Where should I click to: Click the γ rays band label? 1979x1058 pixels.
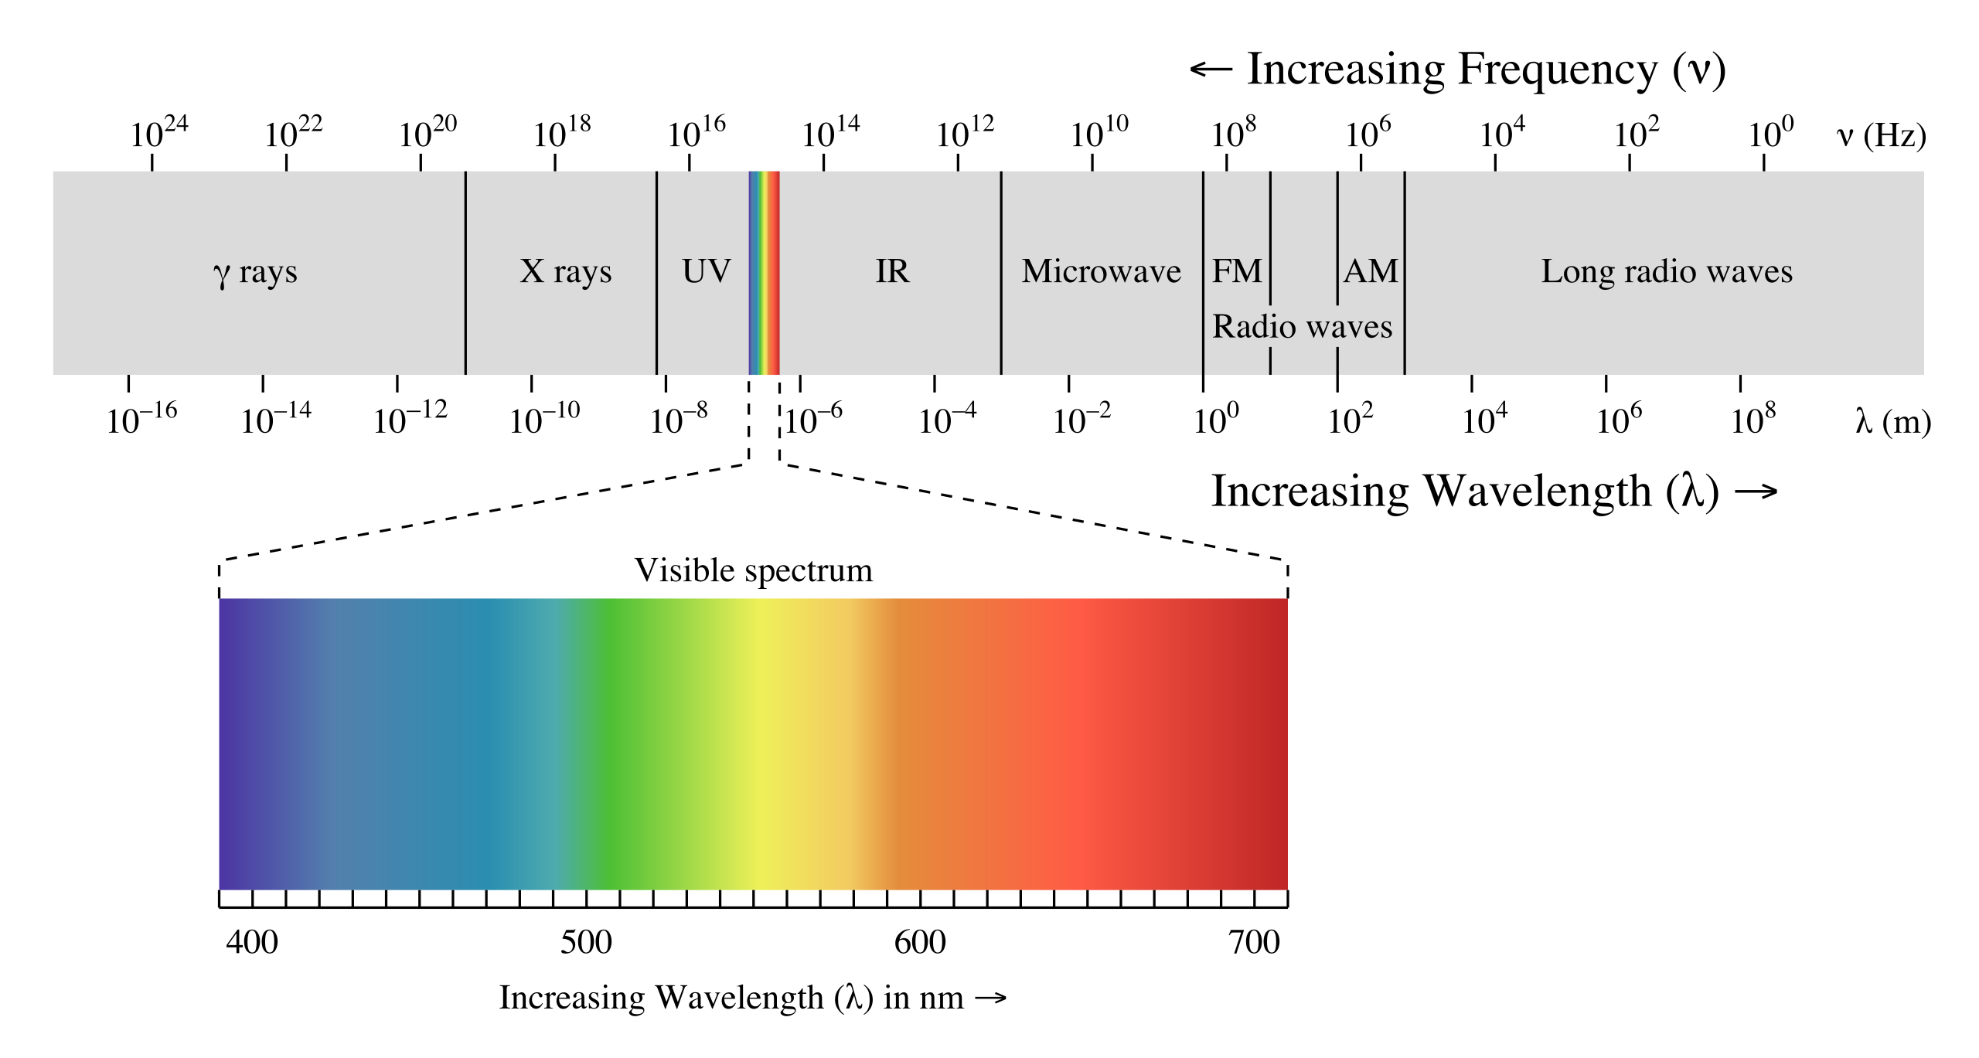point(255,272)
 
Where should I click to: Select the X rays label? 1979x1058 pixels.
point(566,271)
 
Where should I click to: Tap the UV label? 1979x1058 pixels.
point(706,271)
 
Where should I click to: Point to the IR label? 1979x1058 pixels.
point(892,271)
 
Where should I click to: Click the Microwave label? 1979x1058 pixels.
point(1101,271)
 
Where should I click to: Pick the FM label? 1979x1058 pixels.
point(1236,271)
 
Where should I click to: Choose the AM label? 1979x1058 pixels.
point(1371,271)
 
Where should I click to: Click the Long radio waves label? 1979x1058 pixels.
point(1667,271)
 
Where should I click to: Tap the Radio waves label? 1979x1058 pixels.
point(1302,326)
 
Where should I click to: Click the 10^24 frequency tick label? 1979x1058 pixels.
point(158,133)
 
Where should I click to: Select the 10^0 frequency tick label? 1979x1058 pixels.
point(1770,133)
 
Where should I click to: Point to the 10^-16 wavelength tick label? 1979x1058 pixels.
point(141,420)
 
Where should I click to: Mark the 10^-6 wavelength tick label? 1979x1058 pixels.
point(814,420)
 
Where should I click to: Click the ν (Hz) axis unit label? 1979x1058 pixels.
point(1881,136)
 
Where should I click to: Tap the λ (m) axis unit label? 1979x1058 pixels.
point(1892,422)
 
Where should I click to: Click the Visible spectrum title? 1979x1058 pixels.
point(753,570)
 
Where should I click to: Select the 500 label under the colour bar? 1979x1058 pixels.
point(586,942)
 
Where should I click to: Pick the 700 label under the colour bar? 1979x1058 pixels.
point(1254,942)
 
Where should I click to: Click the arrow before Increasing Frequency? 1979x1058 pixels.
point(1211,70)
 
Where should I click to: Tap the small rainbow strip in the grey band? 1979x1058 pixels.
point(764,272)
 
